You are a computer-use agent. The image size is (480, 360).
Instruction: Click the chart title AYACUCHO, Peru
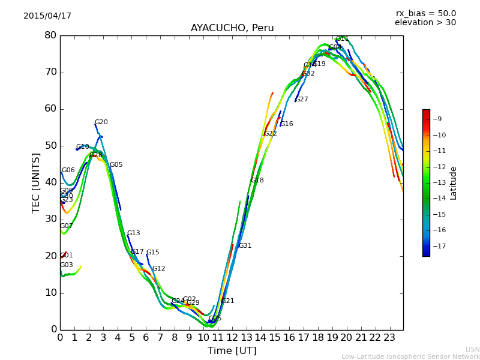click(232, 28)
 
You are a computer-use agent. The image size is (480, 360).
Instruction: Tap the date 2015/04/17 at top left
click(47, 16)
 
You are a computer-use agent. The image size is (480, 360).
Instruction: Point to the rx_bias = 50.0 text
click(425, 14)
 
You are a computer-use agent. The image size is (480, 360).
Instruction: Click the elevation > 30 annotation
click(425, 23)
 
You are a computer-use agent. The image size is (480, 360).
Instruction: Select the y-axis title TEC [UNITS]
click(37, 182)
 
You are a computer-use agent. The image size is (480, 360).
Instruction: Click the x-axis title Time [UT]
click(232, 351)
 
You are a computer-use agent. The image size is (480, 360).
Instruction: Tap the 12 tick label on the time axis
click(232, 338)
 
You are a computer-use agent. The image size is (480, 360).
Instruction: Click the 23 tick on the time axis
click(389, 338)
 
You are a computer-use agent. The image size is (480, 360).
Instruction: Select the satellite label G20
click(101, 122)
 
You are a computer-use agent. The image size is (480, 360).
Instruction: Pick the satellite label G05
click(116, 165)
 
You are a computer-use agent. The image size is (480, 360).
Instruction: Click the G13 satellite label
click(133, 233)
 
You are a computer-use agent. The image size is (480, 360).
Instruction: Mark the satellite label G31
click(245, 246)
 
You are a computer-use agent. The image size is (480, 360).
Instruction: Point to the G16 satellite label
click(287, 124)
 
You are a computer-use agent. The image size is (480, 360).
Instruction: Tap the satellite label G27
click(301, 100)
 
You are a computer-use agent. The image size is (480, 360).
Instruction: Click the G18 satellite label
click(257, 181)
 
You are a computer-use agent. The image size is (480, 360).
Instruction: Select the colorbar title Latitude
click(454, 183)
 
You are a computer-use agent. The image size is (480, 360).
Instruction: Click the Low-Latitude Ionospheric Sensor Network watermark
click(410, 357)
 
